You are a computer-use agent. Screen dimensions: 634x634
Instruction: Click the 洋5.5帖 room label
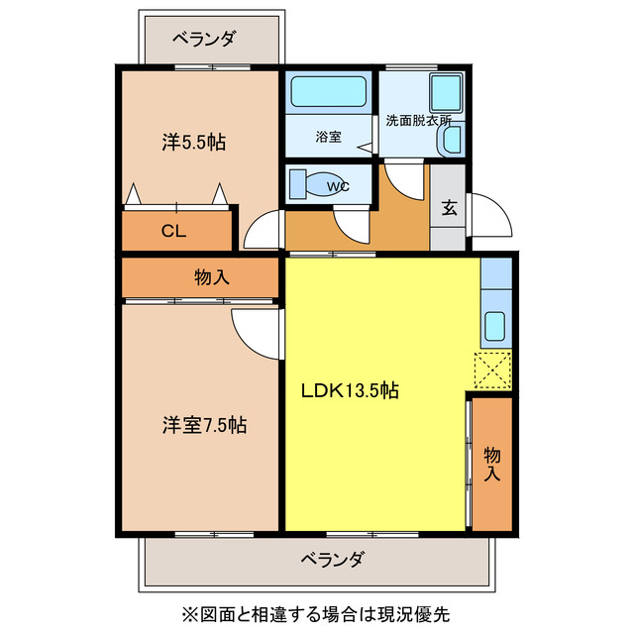(x=194, y=143)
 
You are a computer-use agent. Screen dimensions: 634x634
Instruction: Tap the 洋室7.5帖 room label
(x=205, y=426)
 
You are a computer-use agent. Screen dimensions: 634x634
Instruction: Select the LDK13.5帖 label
(x=351, y=390)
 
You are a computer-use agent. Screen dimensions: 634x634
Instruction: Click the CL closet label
(x=173, y=233)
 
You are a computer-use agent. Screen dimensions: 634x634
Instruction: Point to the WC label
(x=337, y=185)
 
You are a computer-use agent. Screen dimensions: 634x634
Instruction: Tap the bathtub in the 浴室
(x=329, y=93)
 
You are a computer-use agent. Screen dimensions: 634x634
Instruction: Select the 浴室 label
(x=329, y=137)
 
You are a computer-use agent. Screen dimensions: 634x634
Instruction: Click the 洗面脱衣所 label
(x=418, y=121)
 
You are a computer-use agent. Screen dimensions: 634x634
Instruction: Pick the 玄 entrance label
(x=449, y=208)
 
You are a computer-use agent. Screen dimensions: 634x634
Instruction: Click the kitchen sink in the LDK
(x=494, y=324)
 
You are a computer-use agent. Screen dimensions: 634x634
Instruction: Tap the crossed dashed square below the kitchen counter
(x=493, y=370)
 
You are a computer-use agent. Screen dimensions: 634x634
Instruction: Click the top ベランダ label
(x=204, y=39)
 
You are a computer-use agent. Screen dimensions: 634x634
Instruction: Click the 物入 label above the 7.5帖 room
(x=212, y=277)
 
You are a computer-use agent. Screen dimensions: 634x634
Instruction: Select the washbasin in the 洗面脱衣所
(x=452, y=141)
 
